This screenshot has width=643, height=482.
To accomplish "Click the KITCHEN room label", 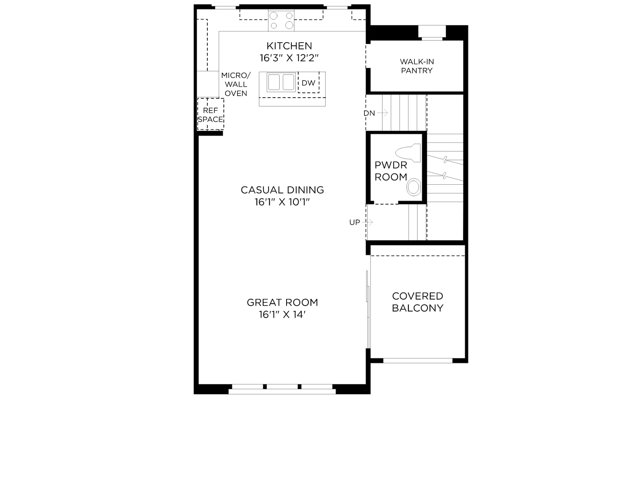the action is click(x=289, y=46).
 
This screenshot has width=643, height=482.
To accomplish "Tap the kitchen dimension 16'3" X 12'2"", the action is click(x=289, y=58).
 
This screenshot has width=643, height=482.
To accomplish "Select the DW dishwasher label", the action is click(x=309, y=83).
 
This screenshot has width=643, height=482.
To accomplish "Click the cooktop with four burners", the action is click(x=281, y=20).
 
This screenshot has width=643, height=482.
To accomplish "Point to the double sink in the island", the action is click(x=281, y=82).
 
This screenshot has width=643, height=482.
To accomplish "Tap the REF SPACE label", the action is click(x=210, y=115).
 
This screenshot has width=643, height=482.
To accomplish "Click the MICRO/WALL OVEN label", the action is click(x=236, y=84).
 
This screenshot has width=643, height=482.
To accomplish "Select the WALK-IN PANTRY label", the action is click(x=417, y=66).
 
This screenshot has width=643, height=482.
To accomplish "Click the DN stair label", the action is click(x=369, y=113).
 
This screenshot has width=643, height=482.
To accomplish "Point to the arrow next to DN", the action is click(x=383, y=113).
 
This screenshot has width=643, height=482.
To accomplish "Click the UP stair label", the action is click(x=354, y=223).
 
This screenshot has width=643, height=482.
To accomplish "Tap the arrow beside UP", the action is click(x=367, y=223).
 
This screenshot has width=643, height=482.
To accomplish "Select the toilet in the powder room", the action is click(x=408, y=153).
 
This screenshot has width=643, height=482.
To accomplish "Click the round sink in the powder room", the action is click(x=414, y=187).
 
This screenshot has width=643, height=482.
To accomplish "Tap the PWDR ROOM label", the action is click(x=391, y=171).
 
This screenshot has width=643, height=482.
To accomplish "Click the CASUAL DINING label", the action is click(x=283, y=190).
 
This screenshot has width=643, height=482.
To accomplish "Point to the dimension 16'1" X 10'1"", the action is click(x=282, y=202).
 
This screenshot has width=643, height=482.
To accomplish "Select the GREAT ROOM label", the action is click(x=283, y=302).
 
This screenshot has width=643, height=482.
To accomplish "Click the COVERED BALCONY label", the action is click(x=418, y=302).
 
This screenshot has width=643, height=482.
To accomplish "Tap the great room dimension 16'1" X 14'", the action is click(x=283, y=315).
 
